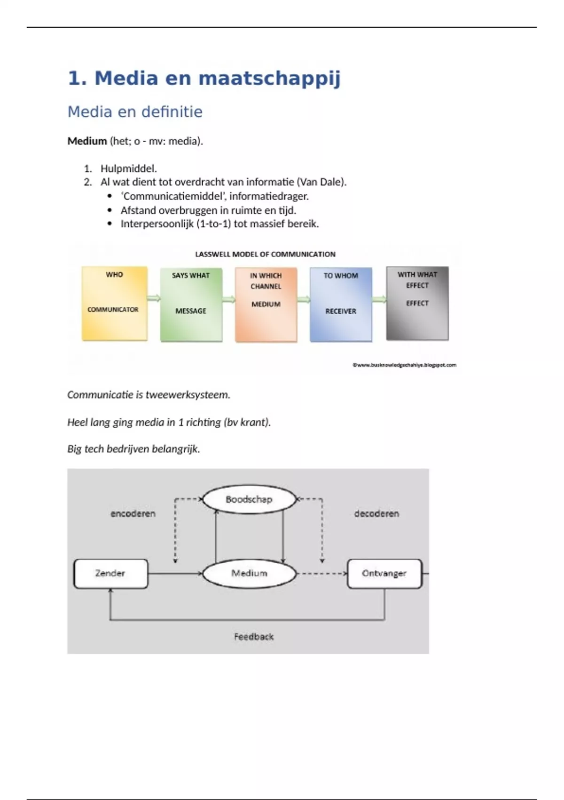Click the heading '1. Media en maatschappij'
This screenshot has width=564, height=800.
pyautogui.click(x=204, y=78)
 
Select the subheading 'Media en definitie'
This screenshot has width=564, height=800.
pyautogui.click(x=135, y=112)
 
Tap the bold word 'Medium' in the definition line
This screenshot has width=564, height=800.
pyautogui.click(x=87, y=141)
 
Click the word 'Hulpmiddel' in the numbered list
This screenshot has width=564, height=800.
pyautogui.click(x=128, y=168)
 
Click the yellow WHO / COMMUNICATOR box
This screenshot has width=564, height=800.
pyautogui.click(x=114, y=304)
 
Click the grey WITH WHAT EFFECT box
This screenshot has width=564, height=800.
pyautogui.click(x=417, y=304)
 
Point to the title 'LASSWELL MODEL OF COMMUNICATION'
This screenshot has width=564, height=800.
pyautogui.click(x=265, y=254)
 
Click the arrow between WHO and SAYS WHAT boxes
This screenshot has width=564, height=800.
pyautogui.click(x=154, y=298)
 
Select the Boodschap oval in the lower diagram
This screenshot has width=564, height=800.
pyautogui.click(x=249, y=499)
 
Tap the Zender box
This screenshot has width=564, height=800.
pyautogui.click(x=110, y=574)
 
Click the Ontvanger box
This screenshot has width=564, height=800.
pyautogui.click(x=384, y=574)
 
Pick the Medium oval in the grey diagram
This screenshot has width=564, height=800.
pyautogui.click(x=249, y=574)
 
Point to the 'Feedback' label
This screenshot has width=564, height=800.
pyautogui.click(x=254, y=637)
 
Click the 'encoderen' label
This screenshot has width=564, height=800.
pyautogui.click(x=133, y=514)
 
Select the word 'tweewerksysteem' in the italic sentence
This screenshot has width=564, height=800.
pyautogui.click(x=188, y=395)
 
